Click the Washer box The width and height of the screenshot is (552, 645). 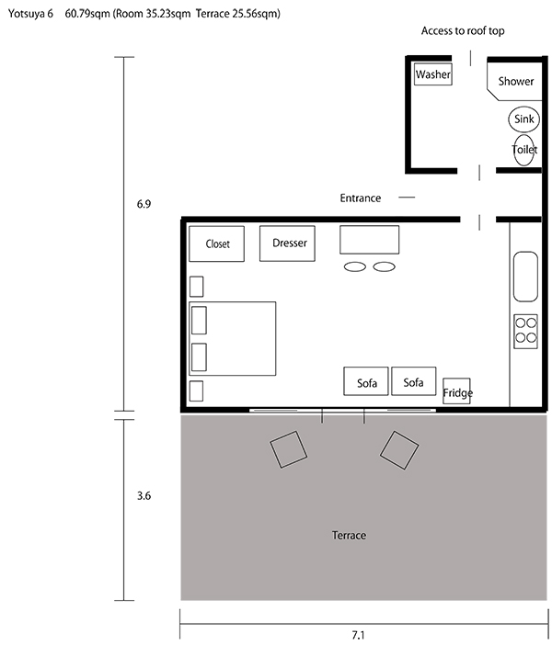point(433,74)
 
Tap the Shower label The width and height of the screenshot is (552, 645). point(516,82)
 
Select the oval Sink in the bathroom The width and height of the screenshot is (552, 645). point(523,119)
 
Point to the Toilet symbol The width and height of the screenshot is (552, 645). point(524,150)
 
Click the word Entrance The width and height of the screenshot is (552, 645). point(361,198)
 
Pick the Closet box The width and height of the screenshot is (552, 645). point(217,243)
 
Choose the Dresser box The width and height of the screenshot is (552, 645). point(287,243)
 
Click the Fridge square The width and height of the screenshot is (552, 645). point(456,390)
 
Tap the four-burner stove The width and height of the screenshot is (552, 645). point(525,332)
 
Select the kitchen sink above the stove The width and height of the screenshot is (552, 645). point(525,277)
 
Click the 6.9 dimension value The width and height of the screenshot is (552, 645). point(144,204)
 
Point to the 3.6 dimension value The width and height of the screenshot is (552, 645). point(144,495)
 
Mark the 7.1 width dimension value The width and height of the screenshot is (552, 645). point(358,635)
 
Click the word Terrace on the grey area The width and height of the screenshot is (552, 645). point(349,535)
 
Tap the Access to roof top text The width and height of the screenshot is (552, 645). point(463,31)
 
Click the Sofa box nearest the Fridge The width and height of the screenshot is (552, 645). point(414,381)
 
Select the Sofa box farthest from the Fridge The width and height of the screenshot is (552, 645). point(366,381)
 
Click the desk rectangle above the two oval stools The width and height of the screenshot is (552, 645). point(370,240)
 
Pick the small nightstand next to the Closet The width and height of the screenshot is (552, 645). point(196,287)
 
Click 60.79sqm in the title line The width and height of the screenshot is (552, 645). point(87,14)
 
